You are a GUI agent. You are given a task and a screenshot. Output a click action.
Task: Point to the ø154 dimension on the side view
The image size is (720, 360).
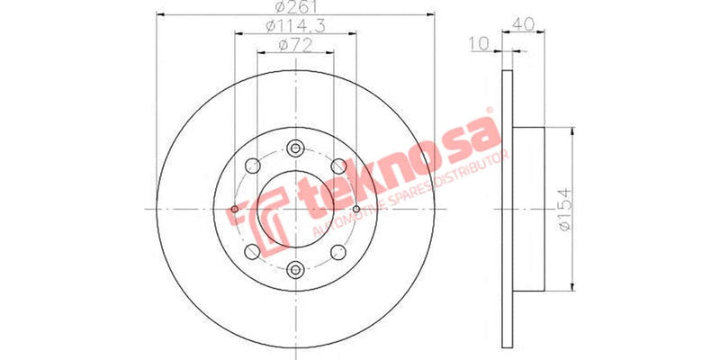(562, 209)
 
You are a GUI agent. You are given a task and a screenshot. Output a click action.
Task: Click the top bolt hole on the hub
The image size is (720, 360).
(295, 149)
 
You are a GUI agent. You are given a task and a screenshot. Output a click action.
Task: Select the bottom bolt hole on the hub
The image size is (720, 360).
(295, 267)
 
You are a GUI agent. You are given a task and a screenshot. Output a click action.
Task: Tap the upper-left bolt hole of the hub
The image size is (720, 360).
(253, 166)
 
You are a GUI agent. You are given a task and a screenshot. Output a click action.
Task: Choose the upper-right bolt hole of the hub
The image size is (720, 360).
(337, 166)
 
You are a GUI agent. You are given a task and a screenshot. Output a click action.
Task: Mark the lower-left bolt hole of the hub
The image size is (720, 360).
(253, 251)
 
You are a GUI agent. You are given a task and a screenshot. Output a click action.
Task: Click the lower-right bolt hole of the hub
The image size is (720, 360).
(337, 251)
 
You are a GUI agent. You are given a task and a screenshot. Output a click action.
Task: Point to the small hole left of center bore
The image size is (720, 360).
(234, 210)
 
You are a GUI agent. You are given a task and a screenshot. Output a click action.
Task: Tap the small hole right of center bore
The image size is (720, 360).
(357, 210)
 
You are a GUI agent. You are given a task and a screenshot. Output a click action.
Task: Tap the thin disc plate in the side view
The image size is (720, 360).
(506, 209)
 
